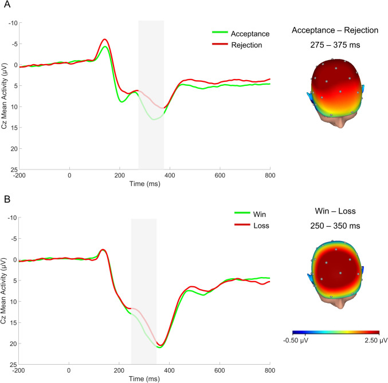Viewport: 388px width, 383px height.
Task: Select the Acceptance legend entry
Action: (x=250, y=34)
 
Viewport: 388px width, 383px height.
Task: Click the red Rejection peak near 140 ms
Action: (x=104, y=40)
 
